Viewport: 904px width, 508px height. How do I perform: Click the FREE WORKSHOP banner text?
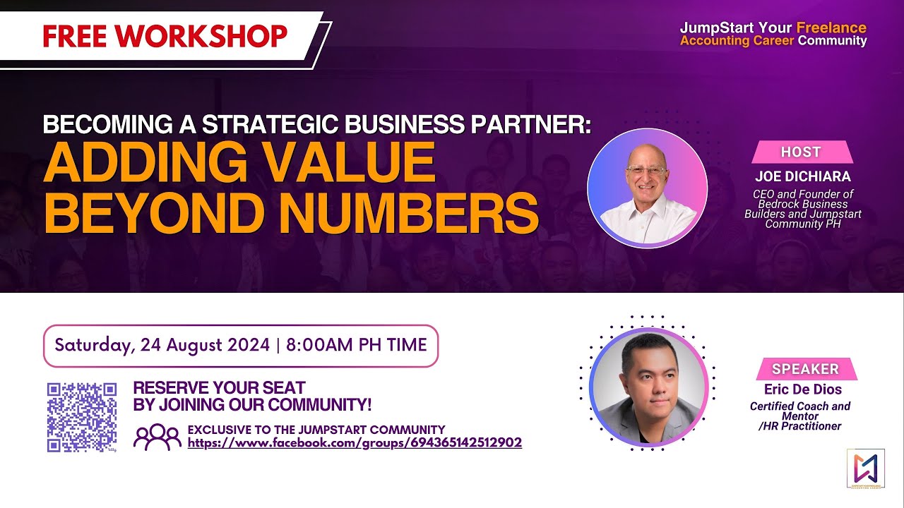point(165,36)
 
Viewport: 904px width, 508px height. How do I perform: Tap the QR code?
point(82,417)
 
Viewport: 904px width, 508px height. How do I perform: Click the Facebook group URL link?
point(355,443)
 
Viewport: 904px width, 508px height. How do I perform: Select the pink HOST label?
point(801,152)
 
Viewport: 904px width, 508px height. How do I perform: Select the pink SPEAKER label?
point(805,368)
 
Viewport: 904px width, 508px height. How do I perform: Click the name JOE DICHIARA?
point(803,176)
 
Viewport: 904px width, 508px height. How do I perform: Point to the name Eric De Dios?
point(803,389)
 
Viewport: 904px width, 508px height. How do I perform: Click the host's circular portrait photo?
point(647,188)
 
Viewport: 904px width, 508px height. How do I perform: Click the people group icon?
point(157,437)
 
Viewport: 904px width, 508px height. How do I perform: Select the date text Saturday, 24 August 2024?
point(162,345)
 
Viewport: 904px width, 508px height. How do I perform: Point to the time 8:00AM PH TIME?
point(356,345)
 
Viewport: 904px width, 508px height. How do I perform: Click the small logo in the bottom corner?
point(865,468)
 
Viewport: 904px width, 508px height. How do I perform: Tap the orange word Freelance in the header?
point(831,28)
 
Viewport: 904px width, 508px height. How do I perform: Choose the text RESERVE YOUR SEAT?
point(220,387)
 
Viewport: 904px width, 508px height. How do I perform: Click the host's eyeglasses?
point(645,171)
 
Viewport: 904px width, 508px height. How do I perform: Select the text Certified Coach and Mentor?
point(800,411)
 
